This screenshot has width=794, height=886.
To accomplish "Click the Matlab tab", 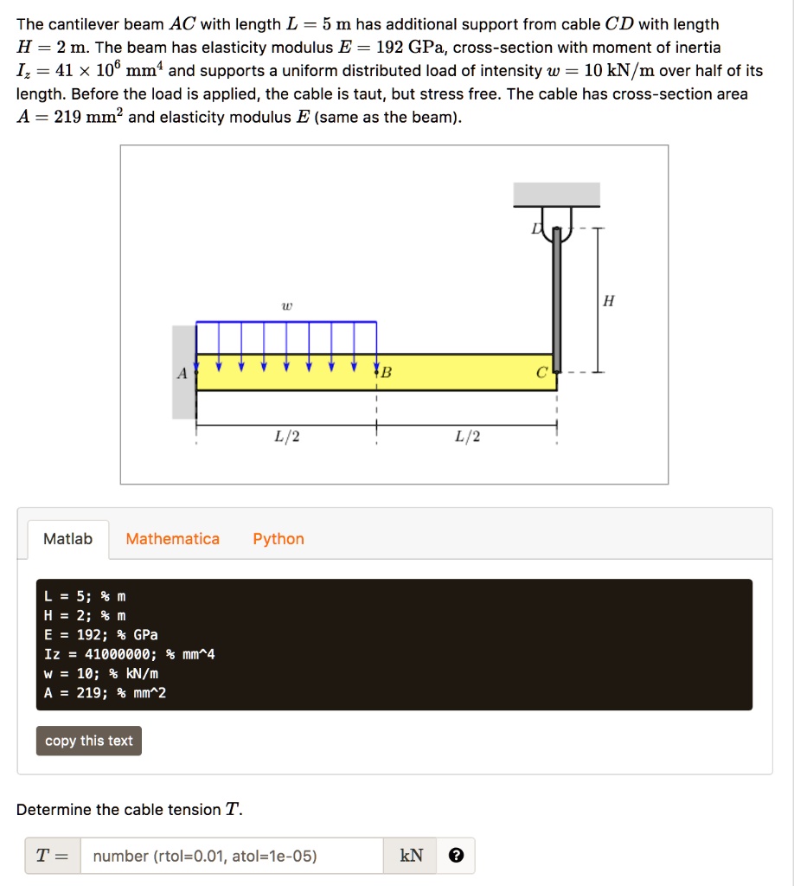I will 67,539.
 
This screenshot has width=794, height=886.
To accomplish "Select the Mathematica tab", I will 173,539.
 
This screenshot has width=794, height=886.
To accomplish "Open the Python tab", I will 279,539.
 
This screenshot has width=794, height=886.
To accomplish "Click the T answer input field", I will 232,856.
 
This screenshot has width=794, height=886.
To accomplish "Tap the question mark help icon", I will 457,856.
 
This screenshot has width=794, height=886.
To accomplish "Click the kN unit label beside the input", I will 413,856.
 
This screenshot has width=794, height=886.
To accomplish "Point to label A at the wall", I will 182,374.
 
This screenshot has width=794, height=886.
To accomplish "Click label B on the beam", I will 386,374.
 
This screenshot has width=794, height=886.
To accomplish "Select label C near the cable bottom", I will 541,374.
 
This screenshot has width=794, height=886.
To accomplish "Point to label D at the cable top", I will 536,228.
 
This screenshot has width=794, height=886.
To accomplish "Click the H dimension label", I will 609,301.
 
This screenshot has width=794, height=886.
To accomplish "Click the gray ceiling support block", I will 556,195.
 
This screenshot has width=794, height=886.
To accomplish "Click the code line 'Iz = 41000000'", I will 130,654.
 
